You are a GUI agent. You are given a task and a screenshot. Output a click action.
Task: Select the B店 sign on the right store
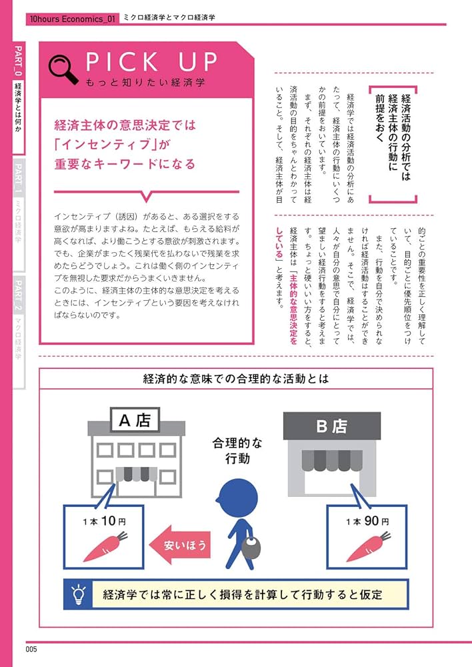click(331, 426)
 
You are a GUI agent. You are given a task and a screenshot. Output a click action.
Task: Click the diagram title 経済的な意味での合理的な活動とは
click(235, 380)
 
